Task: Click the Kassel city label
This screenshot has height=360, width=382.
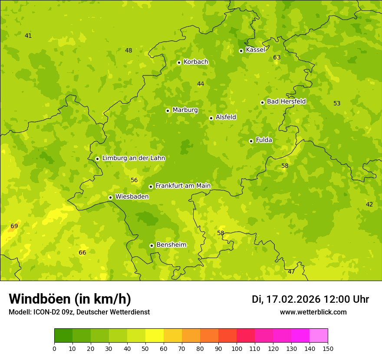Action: [255, 50]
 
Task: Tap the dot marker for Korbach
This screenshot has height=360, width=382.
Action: [179, 62]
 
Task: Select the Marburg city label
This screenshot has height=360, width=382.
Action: [185, 110]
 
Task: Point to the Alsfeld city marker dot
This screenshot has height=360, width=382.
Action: [211, 118]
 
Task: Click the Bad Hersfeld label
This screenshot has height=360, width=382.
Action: [286, 101]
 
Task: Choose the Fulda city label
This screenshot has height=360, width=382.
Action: [264, 140]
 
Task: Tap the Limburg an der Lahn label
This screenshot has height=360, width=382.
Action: [133, 158]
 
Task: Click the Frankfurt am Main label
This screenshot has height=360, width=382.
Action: [183, 186]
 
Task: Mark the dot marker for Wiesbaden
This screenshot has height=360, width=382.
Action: [110, 197]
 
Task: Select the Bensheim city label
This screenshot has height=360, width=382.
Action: [171, 245]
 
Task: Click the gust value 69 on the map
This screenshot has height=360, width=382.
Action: [14, 226]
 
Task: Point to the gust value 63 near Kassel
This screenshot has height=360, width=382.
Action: [277, 58]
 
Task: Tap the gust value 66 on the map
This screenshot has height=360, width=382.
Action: [82, 253]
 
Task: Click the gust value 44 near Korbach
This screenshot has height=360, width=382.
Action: [201, 84]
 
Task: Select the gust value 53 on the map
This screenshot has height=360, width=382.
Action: [337, 103]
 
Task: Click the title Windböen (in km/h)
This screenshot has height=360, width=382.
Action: [70, 299]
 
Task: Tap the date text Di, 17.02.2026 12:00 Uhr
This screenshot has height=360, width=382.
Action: [310, 299]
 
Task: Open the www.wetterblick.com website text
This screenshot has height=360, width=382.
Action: [313, 312]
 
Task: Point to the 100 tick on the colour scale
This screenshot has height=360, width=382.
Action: [237, 348]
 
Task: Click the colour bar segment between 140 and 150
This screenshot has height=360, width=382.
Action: [319, 335]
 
